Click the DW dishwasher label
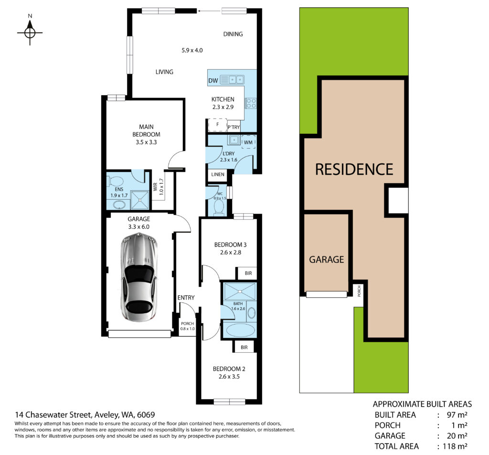click(213, 80)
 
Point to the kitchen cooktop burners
click(251, 103)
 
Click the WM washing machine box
click(248, 142)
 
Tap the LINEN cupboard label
click(218, 174)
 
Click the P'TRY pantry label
click(234, 127)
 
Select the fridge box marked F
click(217, 125)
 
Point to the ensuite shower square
click(140, 200)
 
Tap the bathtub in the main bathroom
click(240, 330)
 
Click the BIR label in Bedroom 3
click(248, 273)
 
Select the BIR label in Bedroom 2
click(244, 347)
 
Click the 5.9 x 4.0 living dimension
click(192, 50)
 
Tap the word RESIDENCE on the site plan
click(354, 170)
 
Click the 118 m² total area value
click(455, 446)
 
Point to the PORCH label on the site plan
click(359, 291)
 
